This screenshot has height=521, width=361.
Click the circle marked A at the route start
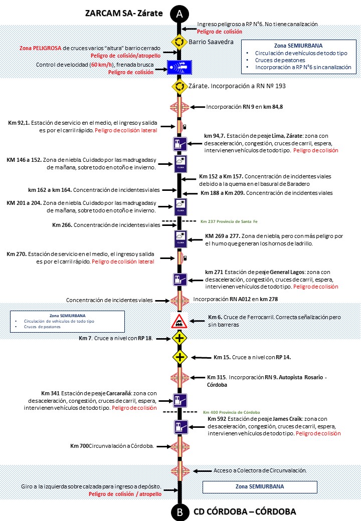click(x=179, y=14)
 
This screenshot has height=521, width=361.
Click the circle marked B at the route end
click(x=179, y=511)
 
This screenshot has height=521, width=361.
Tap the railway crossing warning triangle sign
click(x=179, y=321)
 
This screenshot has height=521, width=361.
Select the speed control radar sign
click(x=179, y=66)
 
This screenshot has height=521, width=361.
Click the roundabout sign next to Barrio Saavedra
click(x=179, y=42)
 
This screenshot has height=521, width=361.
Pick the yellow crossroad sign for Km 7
click(x=179, y=339)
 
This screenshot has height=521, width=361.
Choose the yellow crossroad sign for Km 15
click(x=179, y=357)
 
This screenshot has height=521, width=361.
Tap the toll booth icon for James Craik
click(x=180, y=426)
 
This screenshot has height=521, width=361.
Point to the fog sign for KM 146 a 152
click(x=180, y=163)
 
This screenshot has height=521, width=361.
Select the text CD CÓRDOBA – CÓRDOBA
click(x=245, y=511)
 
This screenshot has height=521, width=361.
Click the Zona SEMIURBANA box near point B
click(x=260, y=486)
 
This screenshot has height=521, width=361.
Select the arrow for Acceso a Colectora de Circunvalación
click(x=203, y=470)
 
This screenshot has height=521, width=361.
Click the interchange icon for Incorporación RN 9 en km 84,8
click(x=179, y=107)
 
